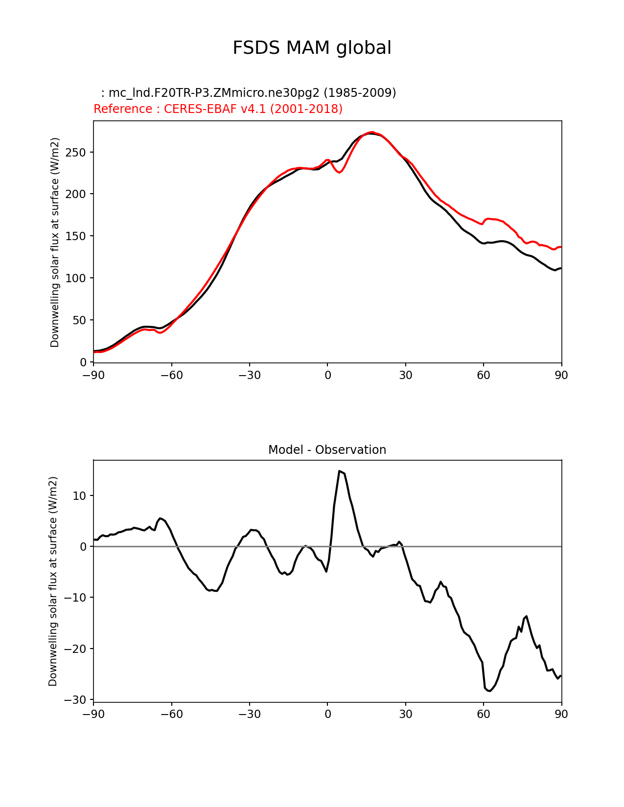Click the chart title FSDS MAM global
coord(312,48)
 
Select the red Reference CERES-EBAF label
coord(218,109)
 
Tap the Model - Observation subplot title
coord(327,450)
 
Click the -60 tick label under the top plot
coord(171,375)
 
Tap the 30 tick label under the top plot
coord(405,375)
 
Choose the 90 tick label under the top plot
coord(561,375)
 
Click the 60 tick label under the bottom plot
coord(484,715)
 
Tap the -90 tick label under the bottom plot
coord(93,715)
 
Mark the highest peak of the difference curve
coord(339,471)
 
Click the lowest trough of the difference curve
coord(489,691)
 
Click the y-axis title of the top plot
coord(55,242)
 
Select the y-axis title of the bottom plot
coord(53,581)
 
